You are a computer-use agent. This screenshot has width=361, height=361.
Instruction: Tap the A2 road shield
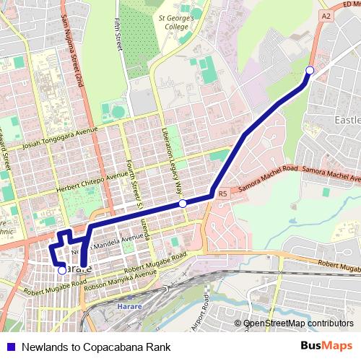pos(326,14)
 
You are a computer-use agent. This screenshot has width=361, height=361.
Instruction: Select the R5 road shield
pos(222,193)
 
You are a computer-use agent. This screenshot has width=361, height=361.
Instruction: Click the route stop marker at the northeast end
pos(310,70)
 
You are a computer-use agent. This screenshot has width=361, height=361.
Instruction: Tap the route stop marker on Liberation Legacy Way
pos(183,204)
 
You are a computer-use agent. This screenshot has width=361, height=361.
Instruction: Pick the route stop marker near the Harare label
pos(62,270)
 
